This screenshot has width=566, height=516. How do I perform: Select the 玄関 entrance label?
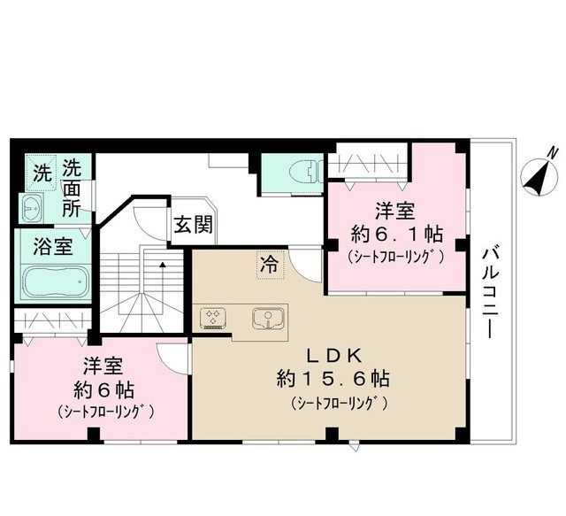(192, 225)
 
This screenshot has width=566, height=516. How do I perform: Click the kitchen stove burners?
(213, 318)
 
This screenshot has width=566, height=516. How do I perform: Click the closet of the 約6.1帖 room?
(367, 165)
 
